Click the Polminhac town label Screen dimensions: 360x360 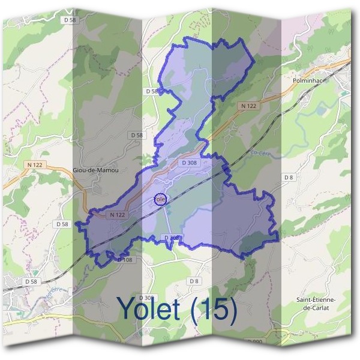click(x=310, y=79)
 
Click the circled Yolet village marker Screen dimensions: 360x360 click(x=160, y=199)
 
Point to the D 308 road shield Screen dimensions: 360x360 click(x=190, y=162)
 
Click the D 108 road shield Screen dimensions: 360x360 click(x=125, y=260)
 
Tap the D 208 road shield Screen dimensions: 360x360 click(x=172, y=238)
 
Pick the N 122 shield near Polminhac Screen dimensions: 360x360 click(x=248, y=106)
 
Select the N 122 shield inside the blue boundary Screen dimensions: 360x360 click(x=117, y=214)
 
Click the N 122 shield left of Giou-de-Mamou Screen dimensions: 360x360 click(x=34, y=164)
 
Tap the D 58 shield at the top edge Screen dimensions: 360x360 click(x=70, y=20)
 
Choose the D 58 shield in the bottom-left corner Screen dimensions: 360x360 click(x=31, y=281)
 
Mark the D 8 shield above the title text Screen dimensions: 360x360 click(x=193, y=281)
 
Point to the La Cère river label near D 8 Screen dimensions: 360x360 click(x=259, y=154)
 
